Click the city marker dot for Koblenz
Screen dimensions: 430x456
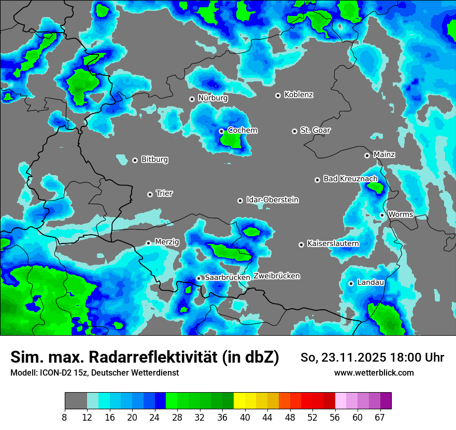tap(278, 95)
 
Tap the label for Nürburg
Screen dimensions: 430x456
tap(212, 98)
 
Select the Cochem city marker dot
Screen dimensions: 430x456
tap(221, 131)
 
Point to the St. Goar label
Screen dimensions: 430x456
tap(315, 130)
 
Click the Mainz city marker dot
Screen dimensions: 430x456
tap(367, 155)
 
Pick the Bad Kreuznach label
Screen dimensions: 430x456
tap(350, 179)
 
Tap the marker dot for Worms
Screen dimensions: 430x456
tap(382, 215)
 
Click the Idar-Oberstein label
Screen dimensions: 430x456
tap(272, 200)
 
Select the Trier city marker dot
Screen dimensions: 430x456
tap(150, 194)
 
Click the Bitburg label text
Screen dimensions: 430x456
tap(154, 160)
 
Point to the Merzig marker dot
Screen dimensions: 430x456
tap(148, 243)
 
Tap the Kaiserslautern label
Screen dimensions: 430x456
tap(333, 243)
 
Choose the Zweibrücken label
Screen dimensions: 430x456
tap(277, 276)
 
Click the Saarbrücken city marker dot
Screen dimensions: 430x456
tap(198, 278)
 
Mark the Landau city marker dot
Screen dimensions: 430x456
tap(351, 283)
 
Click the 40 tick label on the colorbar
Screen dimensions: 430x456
tap(245, 417)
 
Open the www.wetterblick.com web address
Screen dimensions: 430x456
tap(374, 372)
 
